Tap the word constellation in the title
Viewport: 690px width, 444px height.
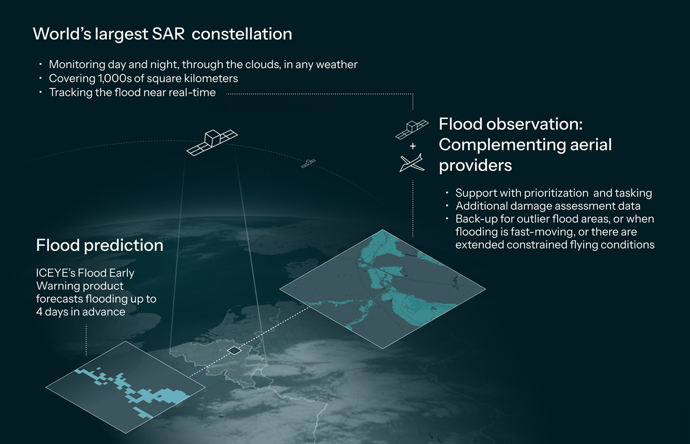242,34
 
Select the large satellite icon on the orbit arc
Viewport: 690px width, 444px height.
212,142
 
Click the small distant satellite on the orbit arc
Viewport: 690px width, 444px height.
308,163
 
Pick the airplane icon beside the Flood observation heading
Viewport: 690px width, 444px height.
412,163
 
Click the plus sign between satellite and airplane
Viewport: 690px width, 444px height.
413,146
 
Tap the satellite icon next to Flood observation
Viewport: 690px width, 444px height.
412,129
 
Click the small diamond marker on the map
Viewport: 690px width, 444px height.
234,350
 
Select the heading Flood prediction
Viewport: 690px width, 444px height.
99,245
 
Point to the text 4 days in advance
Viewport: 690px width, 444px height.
81,312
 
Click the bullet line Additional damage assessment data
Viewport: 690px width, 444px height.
548,206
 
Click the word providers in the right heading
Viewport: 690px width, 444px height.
475,165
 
